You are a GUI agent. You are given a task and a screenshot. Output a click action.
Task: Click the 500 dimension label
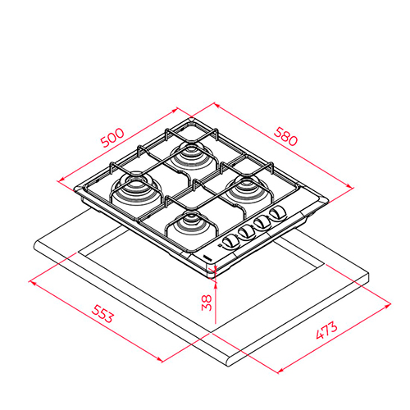coord(112,138)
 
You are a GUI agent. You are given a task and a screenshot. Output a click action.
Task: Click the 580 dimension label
coord(285,136)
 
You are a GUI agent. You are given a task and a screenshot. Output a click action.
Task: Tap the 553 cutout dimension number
coord(102,314)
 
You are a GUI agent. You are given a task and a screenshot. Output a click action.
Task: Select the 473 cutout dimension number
coord(326,330)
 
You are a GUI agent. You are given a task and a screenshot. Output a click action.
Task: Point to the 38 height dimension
coord(207,303)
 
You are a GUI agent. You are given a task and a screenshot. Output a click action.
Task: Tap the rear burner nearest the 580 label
coord(191,157)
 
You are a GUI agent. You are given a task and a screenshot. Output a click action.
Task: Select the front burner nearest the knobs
coord(190,225)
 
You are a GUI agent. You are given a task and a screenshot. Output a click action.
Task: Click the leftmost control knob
coord(230,242)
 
